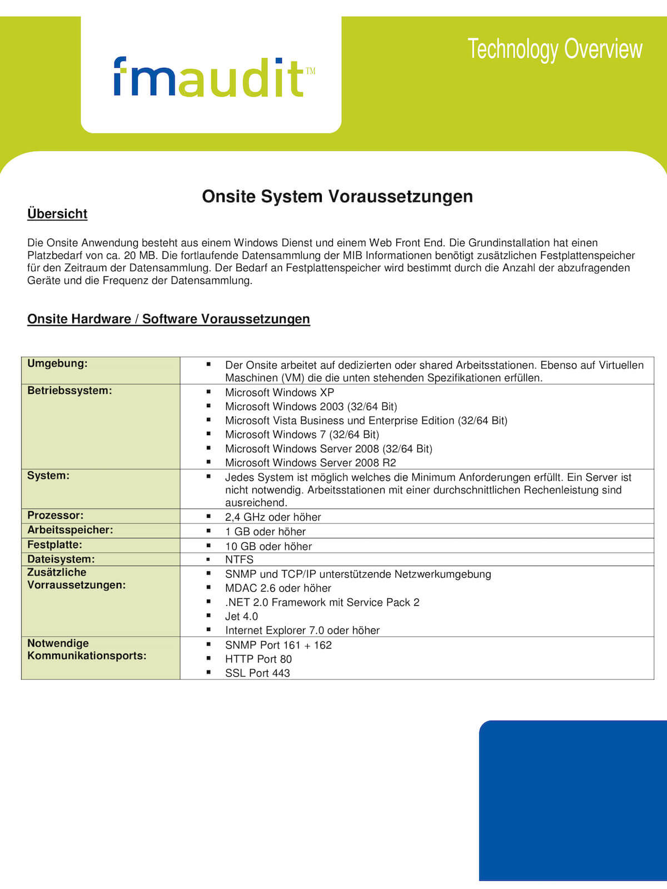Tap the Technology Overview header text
pos(555,49)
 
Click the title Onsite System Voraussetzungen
pos(337,196)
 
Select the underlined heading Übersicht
pos(57,214)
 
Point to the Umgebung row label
pos(57,363)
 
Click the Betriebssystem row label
pos(69,391)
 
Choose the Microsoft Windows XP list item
pos(280,392)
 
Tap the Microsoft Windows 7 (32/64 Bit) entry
pos(302,434)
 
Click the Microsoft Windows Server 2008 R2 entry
pos(310,462)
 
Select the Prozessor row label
pos(55,515)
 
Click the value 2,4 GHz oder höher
pos(273,517)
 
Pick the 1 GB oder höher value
pos(265,531)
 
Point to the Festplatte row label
pos(54,545)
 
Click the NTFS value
pos(239,560)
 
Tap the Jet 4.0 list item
pos(241,616)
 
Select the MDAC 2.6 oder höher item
pos(278,588)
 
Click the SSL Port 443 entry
pos(257,673)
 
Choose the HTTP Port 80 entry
pos(258,659)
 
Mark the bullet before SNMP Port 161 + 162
pos(209,644)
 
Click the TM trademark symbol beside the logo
pos(310,71)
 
